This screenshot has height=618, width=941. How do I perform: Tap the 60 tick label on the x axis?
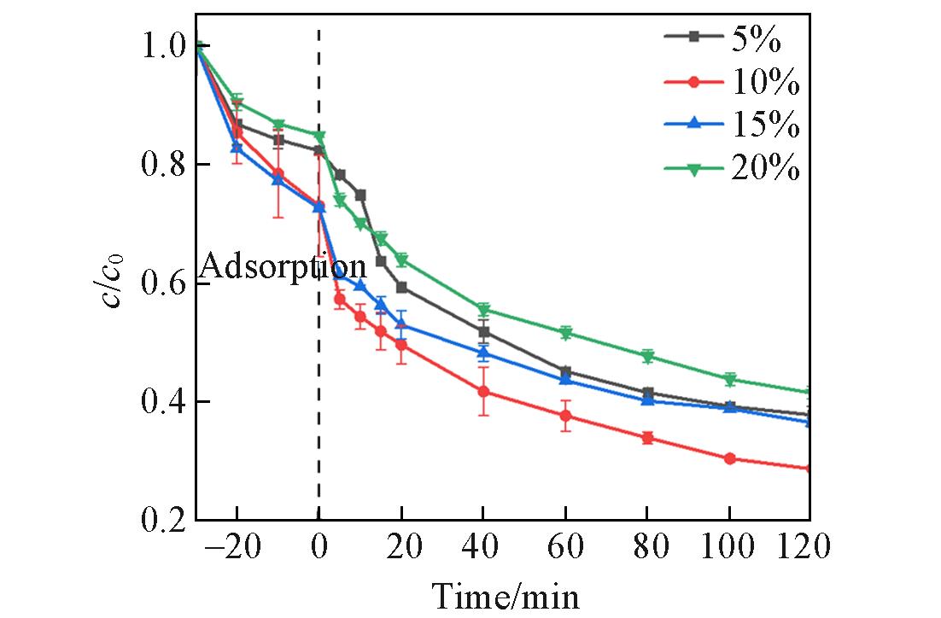point(564,547)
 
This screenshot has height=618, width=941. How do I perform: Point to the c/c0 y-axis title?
point(115,283)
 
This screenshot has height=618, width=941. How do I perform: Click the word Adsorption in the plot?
point(283,267)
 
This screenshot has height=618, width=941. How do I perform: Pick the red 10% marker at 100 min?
point(729,458)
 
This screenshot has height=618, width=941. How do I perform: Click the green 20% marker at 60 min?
point(565,333)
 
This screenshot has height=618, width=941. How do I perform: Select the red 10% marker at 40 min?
point(483,391)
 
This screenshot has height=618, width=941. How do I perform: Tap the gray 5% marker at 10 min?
point(360,195)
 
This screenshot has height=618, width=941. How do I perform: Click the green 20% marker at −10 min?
point(278,125)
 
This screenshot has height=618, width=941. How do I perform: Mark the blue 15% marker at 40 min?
point(483,353)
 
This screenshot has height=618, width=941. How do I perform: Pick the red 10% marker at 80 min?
point(647,438)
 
